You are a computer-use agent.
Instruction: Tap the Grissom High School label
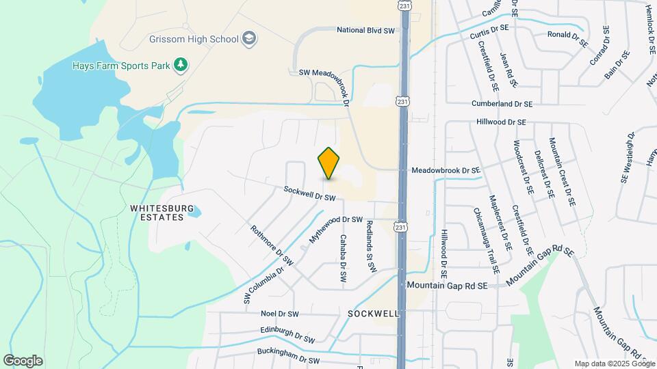[193, 38]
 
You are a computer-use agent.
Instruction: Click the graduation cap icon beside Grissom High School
[249, 38]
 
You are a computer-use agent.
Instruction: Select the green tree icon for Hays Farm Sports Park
[181, 65]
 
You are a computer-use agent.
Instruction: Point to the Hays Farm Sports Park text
[121, 66]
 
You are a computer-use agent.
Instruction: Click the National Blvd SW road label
[366, 30]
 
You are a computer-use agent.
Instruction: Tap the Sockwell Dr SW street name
[309, 195]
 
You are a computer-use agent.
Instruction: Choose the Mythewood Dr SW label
[335, 220]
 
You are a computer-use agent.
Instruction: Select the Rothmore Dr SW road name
[272, 245]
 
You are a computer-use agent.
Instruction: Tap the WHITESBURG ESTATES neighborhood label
[157, 212]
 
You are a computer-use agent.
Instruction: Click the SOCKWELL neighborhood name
[373, 313]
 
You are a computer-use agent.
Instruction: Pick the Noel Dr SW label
[280, 314]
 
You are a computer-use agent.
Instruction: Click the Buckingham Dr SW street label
[288, 356]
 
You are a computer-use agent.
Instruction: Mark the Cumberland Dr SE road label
[502, 104]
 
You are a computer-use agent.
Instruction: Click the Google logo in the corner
[23, 361]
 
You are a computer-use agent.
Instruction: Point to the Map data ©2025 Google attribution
[614, 364]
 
